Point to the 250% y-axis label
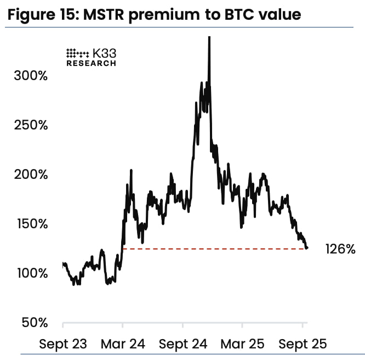coord(31,125)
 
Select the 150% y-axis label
coord(31,224)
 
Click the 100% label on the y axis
coord(31,273)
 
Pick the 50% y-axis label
coord(34,323)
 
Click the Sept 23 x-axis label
coord(63,344)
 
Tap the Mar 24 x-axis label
coord(123,344)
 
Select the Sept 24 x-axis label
coord(183,344)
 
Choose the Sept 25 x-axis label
coord(303,344)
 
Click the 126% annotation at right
coord(340,249)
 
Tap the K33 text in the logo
coord(104,53)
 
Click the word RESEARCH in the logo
coord(91,63)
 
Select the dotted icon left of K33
coord(77,53)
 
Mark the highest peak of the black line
coord(209,38)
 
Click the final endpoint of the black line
coord(307,248)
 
